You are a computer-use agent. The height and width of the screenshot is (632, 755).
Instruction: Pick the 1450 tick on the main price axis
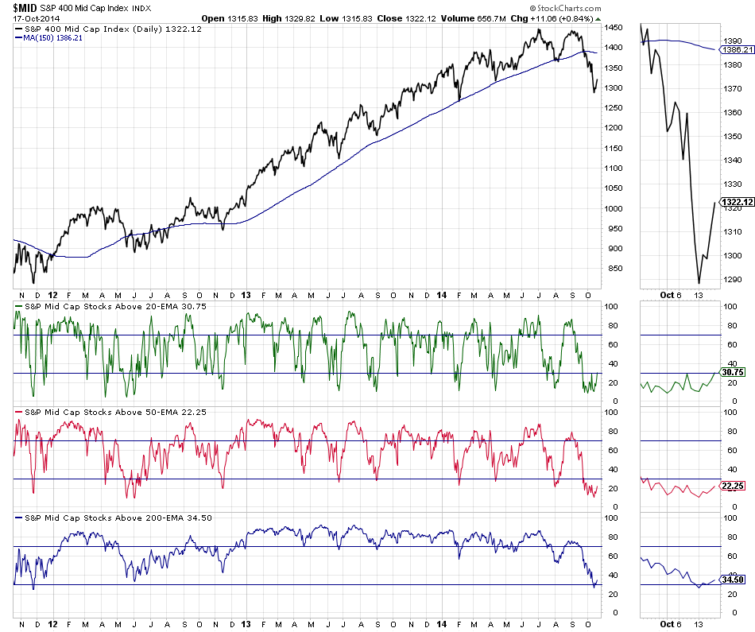tap(612, 28)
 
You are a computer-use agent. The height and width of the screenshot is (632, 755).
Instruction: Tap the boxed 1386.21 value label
tap(736, 49)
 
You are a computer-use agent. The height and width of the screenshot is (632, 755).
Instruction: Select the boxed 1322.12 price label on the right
tap(736, 202)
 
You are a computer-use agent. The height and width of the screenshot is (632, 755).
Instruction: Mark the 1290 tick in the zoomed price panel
tap(731, 280)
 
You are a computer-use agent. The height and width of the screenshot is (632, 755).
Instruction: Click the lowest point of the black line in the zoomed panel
tap(699, 283)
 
